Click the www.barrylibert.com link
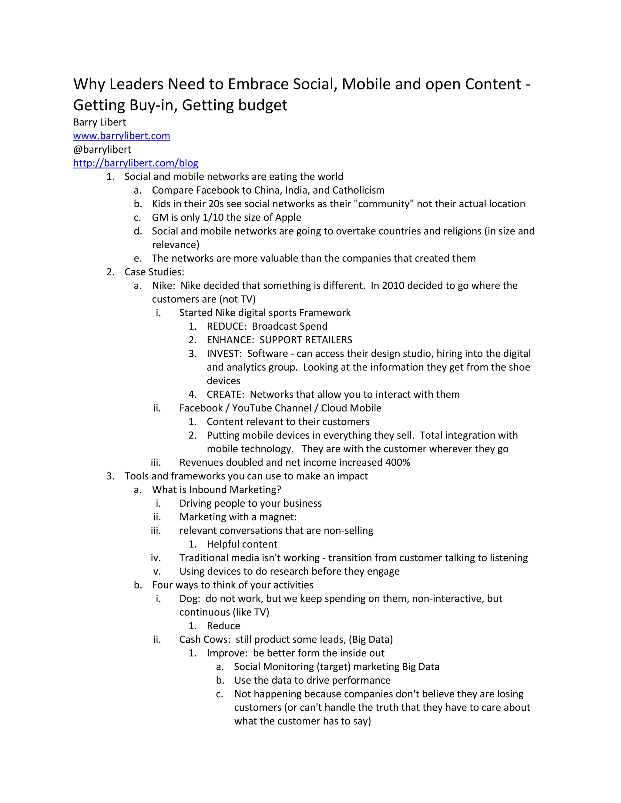(121, 136)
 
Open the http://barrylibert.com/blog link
(135, 163)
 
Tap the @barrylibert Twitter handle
(102, 149)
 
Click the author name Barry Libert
(99, 122)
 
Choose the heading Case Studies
(154, 272)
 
